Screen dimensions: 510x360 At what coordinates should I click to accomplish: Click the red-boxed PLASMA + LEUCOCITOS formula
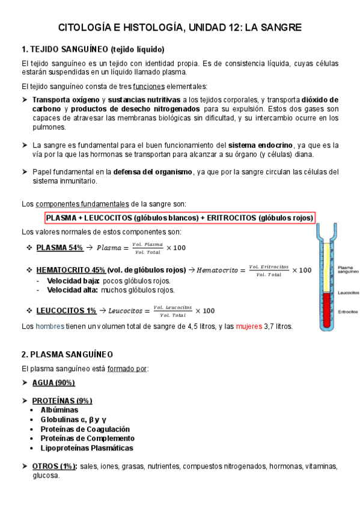(180, 218)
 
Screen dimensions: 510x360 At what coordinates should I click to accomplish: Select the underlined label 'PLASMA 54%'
(59, 248)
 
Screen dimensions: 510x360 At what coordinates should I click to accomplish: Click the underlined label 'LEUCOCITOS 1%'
(66, 310)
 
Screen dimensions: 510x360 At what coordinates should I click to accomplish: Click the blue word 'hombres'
(50, 327)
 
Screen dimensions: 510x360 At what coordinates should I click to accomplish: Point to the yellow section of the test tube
(327, 265)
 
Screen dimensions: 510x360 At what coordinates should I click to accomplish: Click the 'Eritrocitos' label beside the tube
(349, 312)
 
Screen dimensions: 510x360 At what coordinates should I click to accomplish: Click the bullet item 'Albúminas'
(59, 410)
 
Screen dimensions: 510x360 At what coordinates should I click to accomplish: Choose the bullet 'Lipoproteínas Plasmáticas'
(87, 448)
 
